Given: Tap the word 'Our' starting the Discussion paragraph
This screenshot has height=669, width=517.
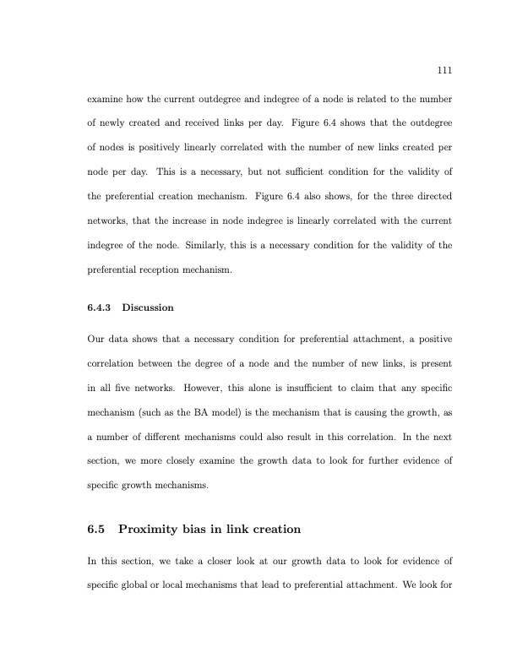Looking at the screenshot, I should [x=96, y=340].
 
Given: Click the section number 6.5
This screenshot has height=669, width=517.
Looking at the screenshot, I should [x=97, y=530].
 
